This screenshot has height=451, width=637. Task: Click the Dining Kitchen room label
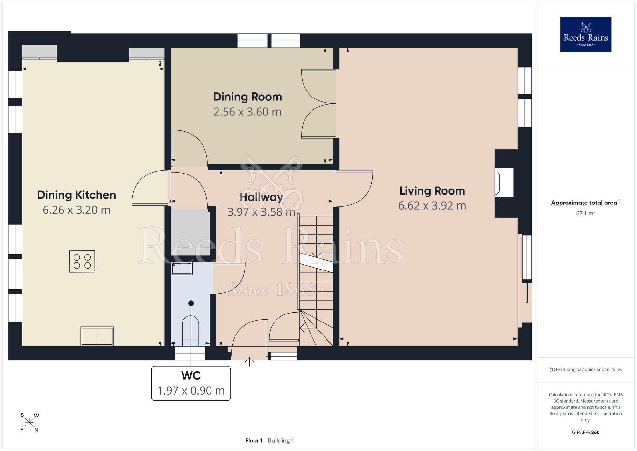pyautogui.click(x=76, y=195)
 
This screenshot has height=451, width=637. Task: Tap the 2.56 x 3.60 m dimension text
pyautogui.click(x=247, y=112)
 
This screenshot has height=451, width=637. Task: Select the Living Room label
pyautogui.click(x=432, y=191)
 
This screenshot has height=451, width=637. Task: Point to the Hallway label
pyautogui.click(x=261, y=197)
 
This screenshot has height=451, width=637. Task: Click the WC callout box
pyautogui.click(x=191, y=383)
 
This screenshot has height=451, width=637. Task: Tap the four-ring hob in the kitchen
pyautogui.click(x=82, y=261)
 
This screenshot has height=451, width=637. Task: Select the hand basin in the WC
pyautogui.click(x=182, y=268)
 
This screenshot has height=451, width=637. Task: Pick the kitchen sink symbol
pyautogui.click(x=97, y=336)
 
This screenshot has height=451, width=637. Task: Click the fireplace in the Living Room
pyautogui.click(x=504, y=183)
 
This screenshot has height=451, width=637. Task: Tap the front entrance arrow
pyautogui.click(x=249, y=362)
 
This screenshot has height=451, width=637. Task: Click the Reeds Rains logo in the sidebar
pyautogui.click(x=586, y=34)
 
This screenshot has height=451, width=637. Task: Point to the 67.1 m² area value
pyautogui.click(x=586, y=213)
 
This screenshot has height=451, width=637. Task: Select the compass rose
pyautogui.click(x=29, y=423)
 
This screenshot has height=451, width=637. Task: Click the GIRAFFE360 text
pyautogui.click(x=586, y=433)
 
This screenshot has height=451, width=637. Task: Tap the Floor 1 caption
pyautogui.click(x=254, y=440)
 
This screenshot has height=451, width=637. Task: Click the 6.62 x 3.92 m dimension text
pyautogui.click(x=432, y=206)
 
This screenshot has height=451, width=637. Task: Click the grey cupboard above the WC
pyautogui.click(x=190, y=232)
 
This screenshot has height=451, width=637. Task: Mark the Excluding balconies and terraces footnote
pyautogui.click(x=586, y=369)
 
